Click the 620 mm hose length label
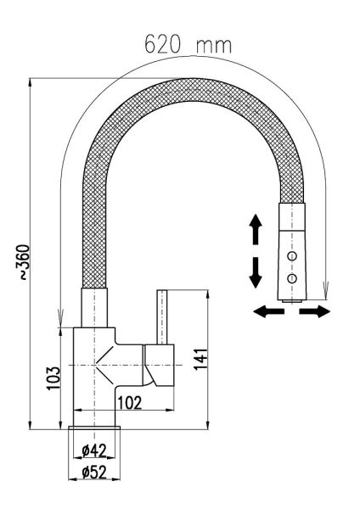[188, 44]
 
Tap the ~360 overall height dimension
[24, 262]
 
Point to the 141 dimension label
[200, 359]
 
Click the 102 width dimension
[130, 403]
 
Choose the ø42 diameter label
[94, 450]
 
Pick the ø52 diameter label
[94, 473]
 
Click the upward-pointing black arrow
[256, 229]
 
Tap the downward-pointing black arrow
[256, 272]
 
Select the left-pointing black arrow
[269, 311]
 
